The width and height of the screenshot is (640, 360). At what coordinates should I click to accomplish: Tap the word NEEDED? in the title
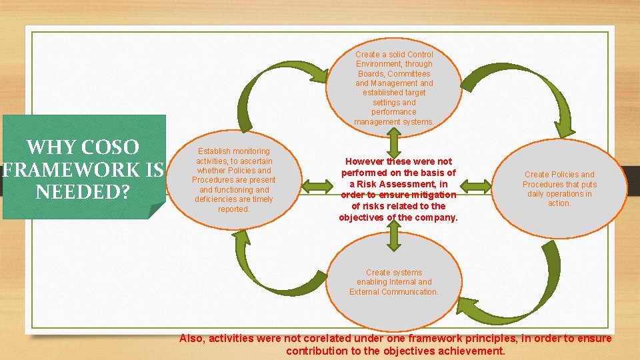pos(82,192)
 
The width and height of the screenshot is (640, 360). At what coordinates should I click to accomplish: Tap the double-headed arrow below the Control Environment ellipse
pos(394,141)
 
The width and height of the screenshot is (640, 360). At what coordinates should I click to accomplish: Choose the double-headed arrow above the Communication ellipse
pos(394,235)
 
